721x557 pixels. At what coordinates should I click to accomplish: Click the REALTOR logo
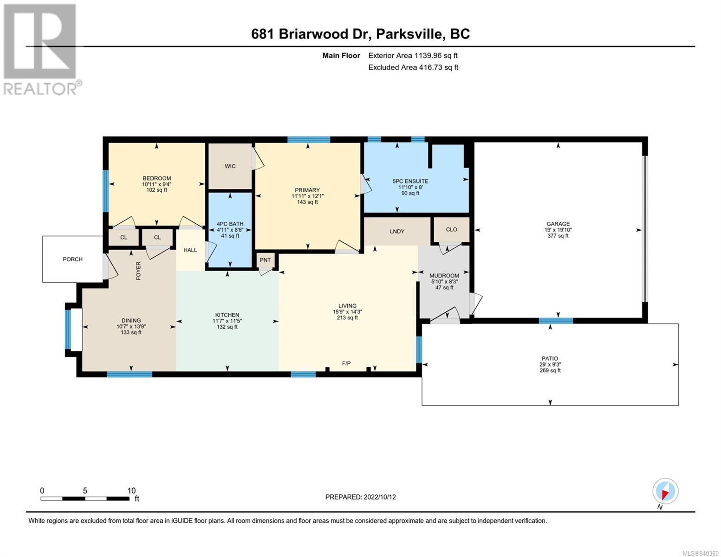(x=41, y=50)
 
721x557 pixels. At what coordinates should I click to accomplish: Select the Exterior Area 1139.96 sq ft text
(x=413, y=56)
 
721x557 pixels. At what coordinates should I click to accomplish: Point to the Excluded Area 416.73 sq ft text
(x=413, y=67)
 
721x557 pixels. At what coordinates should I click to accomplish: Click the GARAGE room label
(x=558, y=224)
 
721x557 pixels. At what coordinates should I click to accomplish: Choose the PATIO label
(x=550, y=358)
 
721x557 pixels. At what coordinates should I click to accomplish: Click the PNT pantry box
(x=266, y=260)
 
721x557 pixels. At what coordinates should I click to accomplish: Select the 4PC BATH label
(x=230, y=224)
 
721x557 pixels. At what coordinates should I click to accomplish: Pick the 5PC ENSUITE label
(x=410, y=181)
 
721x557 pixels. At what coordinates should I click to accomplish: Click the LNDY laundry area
(x=397, y=231)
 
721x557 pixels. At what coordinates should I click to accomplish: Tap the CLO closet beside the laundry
(x=451, y=230)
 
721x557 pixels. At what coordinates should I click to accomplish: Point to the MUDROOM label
(x=444, y=276)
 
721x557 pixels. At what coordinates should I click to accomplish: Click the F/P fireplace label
(x=346, y=363)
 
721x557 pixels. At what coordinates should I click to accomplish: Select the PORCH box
(x=73, y=259)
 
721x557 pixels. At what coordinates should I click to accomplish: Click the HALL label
(x=190, y=250)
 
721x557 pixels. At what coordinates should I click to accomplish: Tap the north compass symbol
(x=665, y=491)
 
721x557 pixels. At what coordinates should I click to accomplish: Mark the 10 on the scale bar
(x=131, y=490)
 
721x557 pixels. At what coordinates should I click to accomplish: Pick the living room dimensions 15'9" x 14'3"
(x=347, y=312)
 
